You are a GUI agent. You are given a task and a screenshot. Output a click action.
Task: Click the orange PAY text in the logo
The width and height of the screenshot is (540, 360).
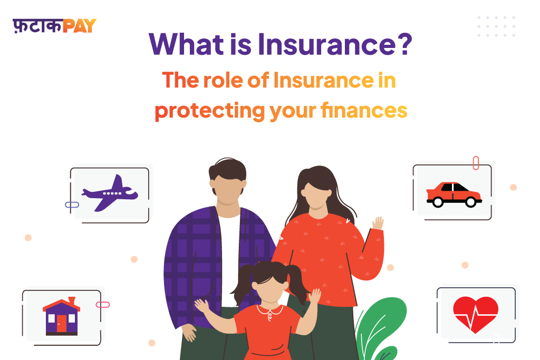[80, 26]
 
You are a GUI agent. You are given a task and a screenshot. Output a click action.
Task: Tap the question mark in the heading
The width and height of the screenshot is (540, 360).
[406, 44]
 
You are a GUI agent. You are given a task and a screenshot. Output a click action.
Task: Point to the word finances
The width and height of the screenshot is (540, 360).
[364, 110]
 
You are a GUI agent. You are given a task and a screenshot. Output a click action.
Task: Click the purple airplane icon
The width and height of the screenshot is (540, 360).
[110, 193]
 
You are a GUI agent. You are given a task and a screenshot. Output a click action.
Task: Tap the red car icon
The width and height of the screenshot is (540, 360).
[454, 195]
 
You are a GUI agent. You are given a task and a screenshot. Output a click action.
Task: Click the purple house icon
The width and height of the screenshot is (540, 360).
[61, 317]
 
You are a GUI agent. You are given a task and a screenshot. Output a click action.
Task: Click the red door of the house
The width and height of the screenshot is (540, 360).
[61, 323]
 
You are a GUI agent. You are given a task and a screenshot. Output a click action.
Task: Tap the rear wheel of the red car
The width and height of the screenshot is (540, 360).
[438, 202]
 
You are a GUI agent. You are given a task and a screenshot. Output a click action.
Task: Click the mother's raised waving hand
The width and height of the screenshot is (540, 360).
[378, 223]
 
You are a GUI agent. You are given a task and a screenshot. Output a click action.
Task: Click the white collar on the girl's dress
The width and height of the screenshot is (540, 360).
[270, 310]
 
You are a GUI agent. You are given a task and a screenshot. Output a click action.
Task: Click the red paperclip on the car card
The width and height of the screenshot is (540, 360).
[476, 163]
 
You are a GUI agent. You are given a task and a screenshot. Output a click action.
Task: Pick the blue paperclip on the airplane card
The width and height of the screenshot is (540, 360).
[72, 205]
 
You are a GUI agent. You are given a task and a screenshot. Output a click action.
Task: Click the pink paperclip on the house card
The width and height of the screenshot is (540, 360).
[103, 305]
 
